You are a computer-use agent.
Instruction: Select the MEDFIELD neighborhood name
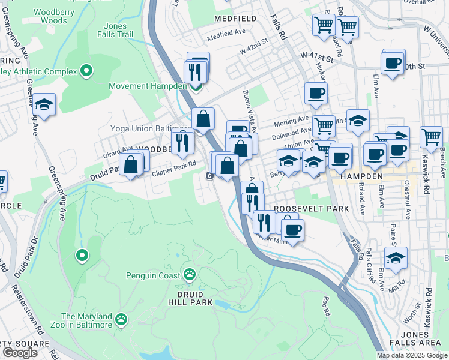coord(235,19)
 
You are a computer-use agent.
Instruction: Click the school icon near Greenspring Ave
coord(44,104)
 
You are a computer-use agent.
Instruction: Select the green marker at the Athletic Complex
coord(86,71)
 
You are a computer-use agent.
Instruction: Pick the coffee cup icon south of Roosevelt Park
coord(292,229)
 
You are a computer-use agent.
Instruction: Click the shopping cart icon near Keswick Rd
coord(431,136)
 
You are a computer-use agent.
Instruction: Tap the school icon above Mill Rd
coord(395,257)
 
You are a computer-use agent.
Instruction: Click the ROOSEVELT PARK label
coord(303,208)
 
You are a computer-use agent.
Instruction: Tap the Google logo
coord(20,353)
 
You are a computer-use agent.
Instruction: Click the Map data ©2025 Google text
coord(412,355)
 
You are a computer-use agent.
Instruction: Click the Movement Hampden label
coord(148,86)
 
